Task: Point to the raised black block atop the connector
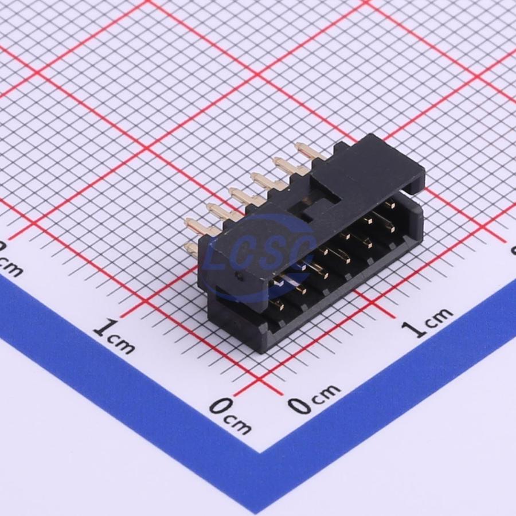click(367, 166)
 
